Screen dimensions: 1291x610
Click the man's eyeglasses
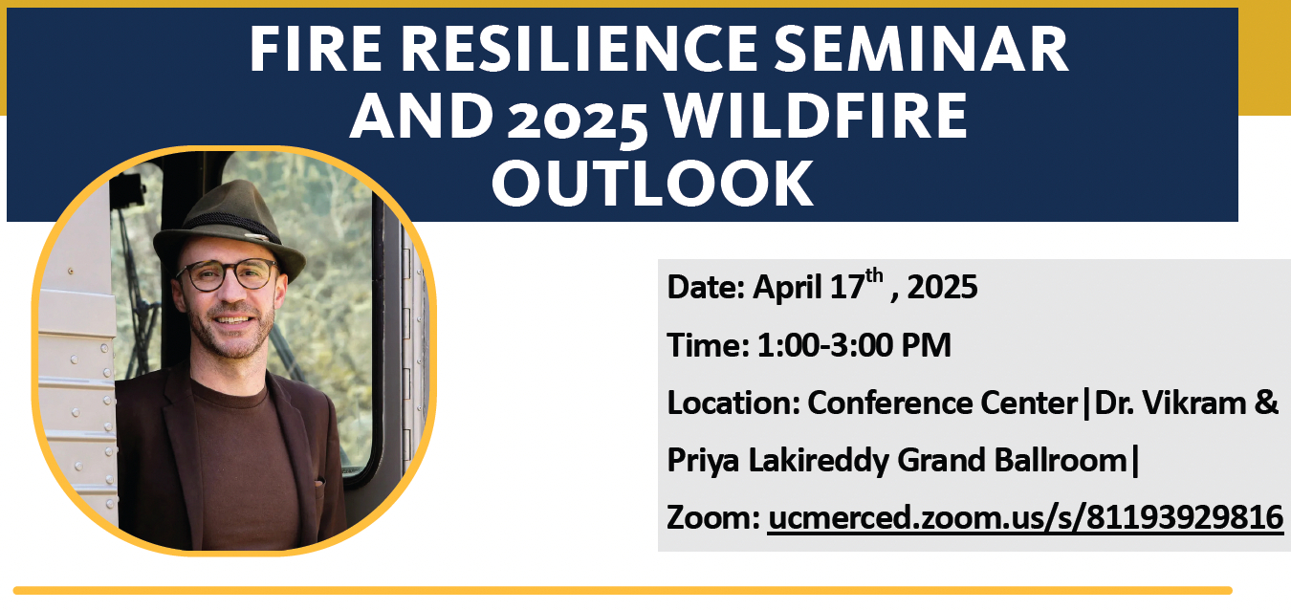click(x=229, y=274)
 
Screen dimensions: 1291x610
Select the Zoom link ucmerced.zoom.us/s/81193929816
click(x=1025, y=516)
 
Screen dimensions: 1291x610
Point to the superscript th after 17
click(x=874, y=276)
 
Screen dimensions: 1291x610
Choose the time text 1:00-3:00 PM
click(x=854, y=345)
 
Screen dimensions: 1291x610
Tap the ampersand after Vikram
click(x=1266, y=403)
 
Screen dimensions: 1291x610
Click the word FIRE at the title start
click(x=316, y=49)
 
